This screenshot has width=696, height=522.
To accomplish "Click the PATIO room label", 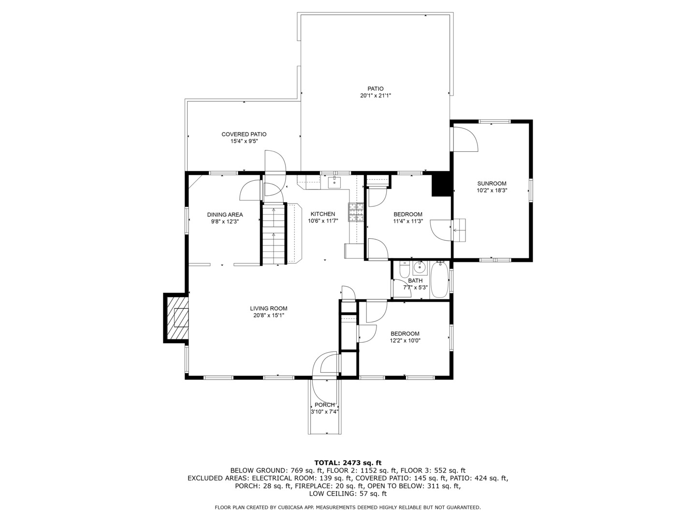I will (x=375, y=88).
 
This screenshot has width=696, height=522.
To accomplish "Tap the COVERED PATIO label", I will (x=244, y=134).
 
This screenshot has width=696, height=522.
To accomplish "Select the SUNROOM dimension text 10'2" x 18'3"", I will (x=492, y=190).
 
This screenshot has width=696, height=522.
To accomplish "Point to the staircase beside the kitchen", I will (x=274, y=234).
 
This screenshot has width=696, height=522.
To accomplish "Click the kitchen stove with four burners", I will (x=356, y=212).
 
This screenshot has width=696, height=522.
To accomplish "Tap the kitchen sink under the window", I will (x=334, y=182).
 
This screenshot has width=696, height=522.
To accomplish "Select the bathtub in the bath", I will (x=439, y=280).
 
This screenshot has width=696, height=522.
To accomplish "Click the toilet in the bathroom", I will (x=405, y=269).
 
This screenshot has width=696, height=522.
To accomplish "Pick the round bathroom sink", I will (x=420, y=266).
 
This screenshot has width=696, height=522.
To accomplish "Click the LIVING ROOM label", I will (x=268, y=308).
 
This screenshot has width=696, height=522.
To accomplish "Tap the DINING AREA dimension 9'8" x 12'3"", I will (x=225, y=221).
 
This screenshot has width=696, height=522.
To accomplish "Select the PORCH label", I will (x=324, y=405).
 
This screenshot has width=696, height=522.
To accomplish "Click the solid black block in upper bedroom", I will (x=441, y=185).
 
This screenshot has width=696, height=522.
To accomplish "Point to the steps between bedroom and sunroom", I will (x=459, y=230).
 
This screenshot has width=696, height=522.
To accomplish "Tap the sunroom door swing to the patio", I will (x=464, y=139).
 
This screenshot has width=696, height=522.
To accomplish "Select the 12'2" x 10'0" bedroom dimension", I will (x=405, y=340).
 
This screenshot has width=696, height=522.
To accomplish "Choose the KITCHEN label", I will (x=322, y=214).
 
